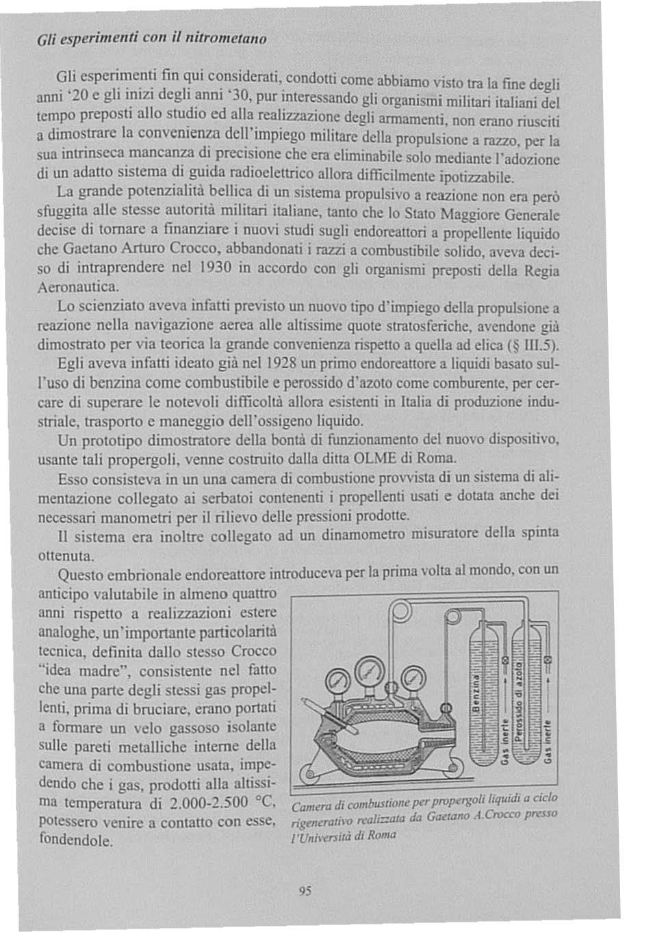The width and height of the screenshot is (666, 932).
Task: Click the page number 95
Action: (x=305, y=890)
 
